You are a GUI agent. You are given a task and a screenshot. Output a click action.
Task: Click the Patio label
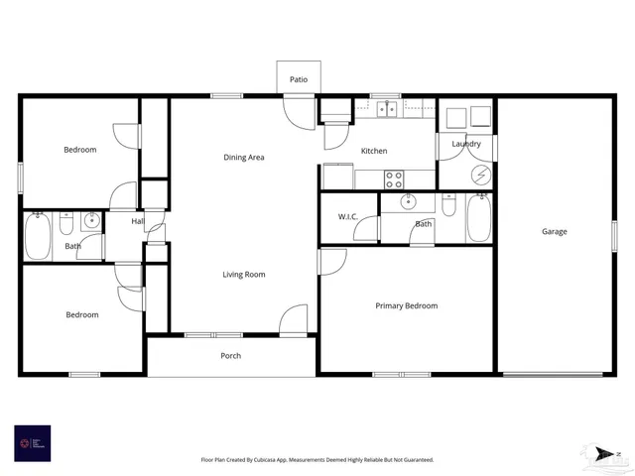298,78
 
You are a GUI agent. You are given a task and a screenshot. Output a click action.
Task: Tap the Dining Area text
243,157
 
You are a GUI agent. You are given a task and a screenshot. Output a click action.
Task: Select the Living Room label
243,275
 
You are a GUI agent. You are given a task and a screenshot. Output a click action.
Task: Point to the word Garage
554,232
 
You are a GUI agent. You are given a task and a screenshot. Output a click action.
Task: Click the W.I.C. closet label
347,216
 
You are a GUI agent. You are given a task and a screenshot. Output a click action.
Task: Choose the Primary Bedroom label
406,305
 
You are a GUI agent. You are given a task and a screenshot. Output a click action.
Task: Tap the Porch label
230,356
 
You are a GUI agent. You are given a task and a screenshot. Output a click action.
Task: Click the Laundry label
466,144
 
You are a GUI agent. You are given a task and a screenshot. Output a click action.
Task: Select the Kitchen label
374,151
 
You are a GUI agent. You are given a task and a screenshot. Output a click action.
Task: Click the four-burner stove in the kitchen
394,178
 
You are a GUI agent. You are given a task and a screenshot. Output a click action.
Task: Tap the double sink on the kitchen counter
387,108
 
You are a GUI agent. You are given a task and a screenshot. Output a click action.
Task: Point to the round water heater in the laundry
480,175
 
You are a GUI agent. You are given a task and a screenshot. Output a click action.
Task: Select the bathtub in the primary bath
479,218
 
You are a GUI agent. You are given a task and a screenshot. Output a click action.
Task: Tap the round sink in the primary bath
408,202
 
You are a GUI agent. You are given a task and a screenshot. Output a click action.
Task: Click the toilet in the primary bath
448,204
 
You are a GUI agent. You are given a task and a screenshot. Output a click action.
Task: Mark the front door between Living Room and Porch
294,321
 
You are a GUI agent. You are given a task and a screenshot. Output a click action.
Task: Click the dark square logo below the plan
32,442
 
